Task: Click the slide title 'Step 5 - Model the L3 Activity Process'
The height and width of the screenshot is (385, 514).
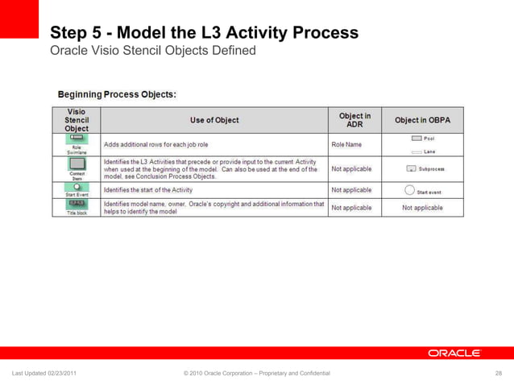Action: tap(204, 33)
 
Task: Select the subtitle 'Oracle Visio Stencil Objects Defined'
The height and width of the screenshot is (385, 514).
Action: tap(152, 51)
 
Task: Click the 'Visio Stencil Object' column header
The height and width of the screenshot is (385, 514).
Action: tap(77, 120)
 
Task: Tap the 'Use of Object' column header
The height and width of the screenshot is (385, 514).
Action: tap(214, 120)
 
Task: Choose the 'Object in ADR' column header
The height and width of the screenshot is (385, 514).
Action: tap(354, 120)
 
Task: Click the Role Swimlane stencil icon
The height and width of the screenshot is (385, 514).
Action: tap(77, 139)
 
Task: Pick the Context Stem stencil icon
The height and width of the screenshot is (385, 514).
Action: tap(77, 164)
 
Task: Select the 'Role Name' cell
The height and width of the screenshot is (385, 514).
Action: tap(347, 145)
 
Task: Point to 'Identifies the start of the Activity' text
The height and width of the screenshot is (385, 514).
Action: tap(152, 190)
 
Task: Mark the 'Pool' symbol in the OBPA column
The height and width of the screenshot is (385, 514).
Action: tap(417, 139)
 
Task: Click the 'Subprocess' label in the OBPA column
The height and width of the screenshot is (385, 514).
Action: tap(431, 170)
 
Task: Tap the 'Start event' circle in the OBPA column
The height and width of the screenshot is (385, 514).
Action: tap(408, 192)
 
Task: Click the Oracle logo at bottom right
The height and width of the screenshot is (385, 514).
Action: tap(454, 353)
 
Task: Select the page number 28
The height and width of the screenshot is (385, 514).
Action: tap(499, 374)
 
